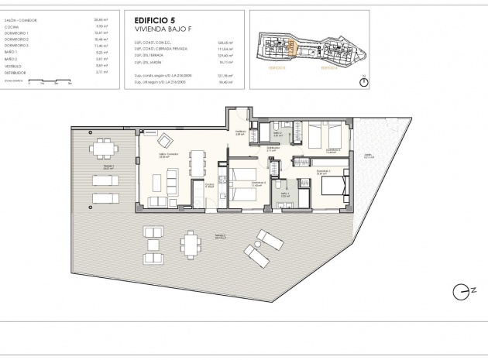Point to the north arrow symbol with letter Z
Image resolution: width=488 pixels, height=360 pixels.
coord(459,291)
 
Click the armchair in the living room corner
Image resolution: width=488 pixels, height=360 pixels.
coord(165,140)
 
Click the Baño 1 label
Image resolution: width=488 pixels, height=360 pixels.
coord(284,195)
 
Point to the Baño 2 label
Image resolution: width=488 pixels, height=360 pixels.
coord(277,133)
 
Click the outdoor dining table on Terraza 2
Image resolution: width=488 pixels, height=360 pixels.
coord(189,245)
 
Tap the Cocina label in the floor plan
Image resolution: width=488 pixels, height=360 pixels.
coord(209,185)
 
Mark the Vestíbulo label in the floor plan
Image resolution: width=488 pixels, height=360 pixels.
coord(241,132)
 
